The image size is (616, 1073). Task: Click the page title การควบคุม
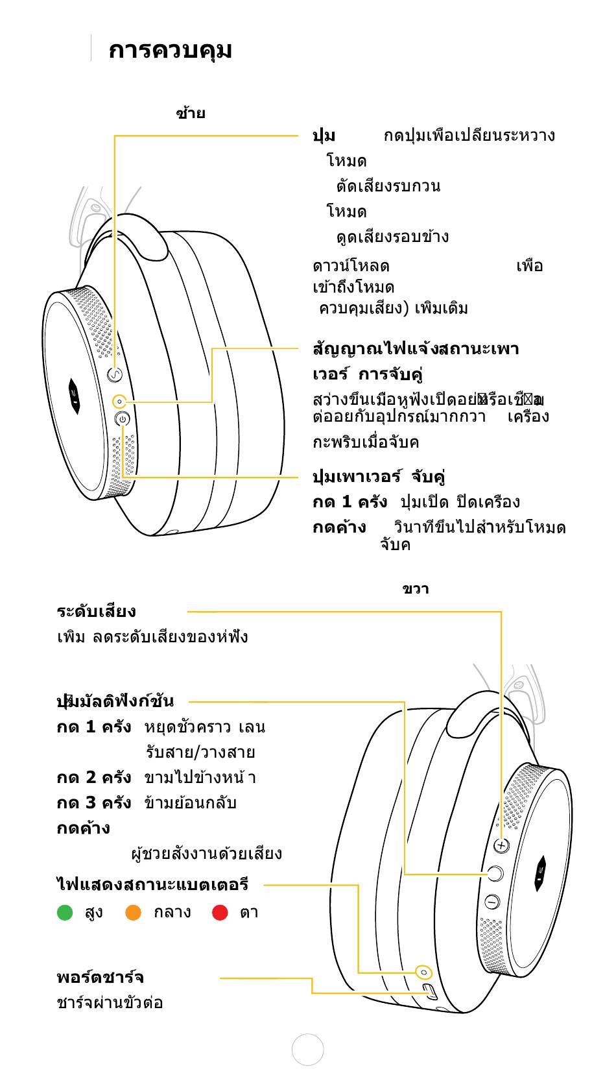[170, 51]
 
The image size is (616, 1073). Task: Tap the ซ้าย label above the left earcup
[190, 114]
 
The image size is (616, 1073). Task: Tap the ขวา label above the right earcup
[416, 589]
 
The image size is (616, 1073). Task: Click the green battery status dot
[65, 913]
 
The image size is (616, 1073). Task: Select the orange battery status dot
[133, 913]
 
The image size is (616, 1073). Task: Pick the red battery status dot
[220, 913]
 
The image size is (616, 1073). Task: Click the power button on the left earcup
[122, 419]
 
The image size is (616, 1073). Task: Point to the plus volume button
[501, 845]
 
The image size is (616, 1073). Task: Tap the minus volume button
[492, 902]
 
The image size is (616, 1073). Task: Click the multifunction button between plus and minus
[495, 873]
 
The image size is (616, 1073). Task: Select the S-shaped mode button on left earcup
[114, 374]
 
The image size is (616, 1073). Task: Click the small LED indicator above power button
[119, 402]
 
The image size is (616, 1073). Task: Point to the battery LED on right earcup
[424, 972]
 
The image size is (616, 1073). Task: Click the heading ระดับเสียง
[96, 612]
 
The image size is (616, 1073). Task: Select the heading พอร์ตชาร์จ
[100, 978]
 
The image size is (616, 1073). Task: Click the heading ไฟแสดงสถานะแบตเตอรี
[152, 885]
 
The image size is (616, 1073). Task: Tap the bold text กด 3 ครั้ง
[93, 803]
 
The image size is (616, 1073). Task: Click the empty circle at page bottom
[307, 1050]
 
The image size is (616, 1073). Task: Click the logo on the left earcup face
[75, 396]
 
